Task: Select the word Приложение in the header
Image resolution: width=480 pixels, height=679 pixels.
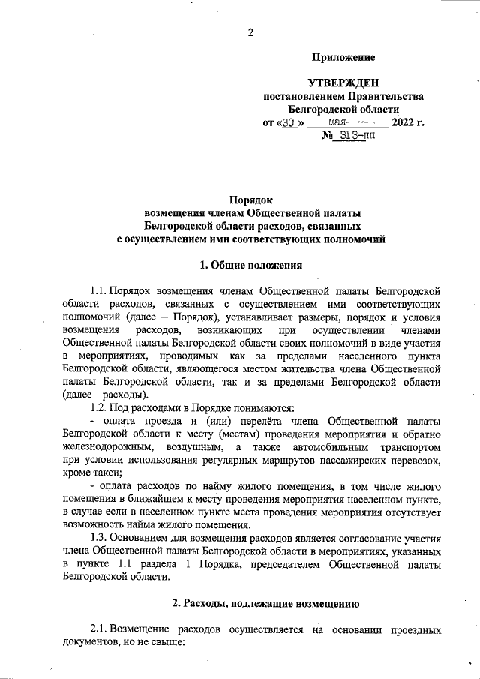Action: click(343, 57)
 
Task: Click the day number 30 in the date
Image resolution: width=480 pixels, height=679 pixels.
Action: click(288, 122)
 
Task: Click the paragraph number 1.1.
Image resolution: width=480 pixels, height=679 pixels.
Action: click(98, 290)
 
